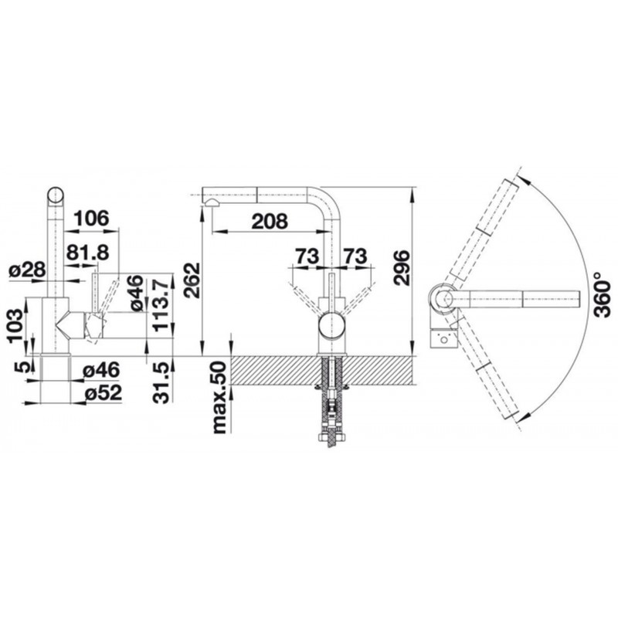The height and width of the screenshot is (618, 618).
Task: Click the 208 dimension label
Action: pyautogui.click(x=270, y=222)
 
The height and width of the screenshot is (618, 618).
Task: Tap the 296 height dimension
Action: pyautogui.click(x=402, y=268)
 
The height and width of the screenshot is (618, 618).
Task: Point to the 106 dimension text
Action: pyautogui.click(x=91, y=219)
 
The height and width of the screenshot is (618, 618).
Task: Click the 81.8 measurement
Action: pyautogui.click(x=87, y=253)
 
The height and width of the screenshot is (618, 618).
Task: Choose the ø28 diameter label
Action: pyautogui.click(x=28, y=270)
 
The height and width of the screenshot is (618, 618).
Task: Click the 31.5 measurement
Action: pyautogui.click(x=162, y=382)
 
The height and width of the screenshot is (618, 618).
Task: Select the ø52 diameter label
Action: pyautogui.click(x=104, y=393)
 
